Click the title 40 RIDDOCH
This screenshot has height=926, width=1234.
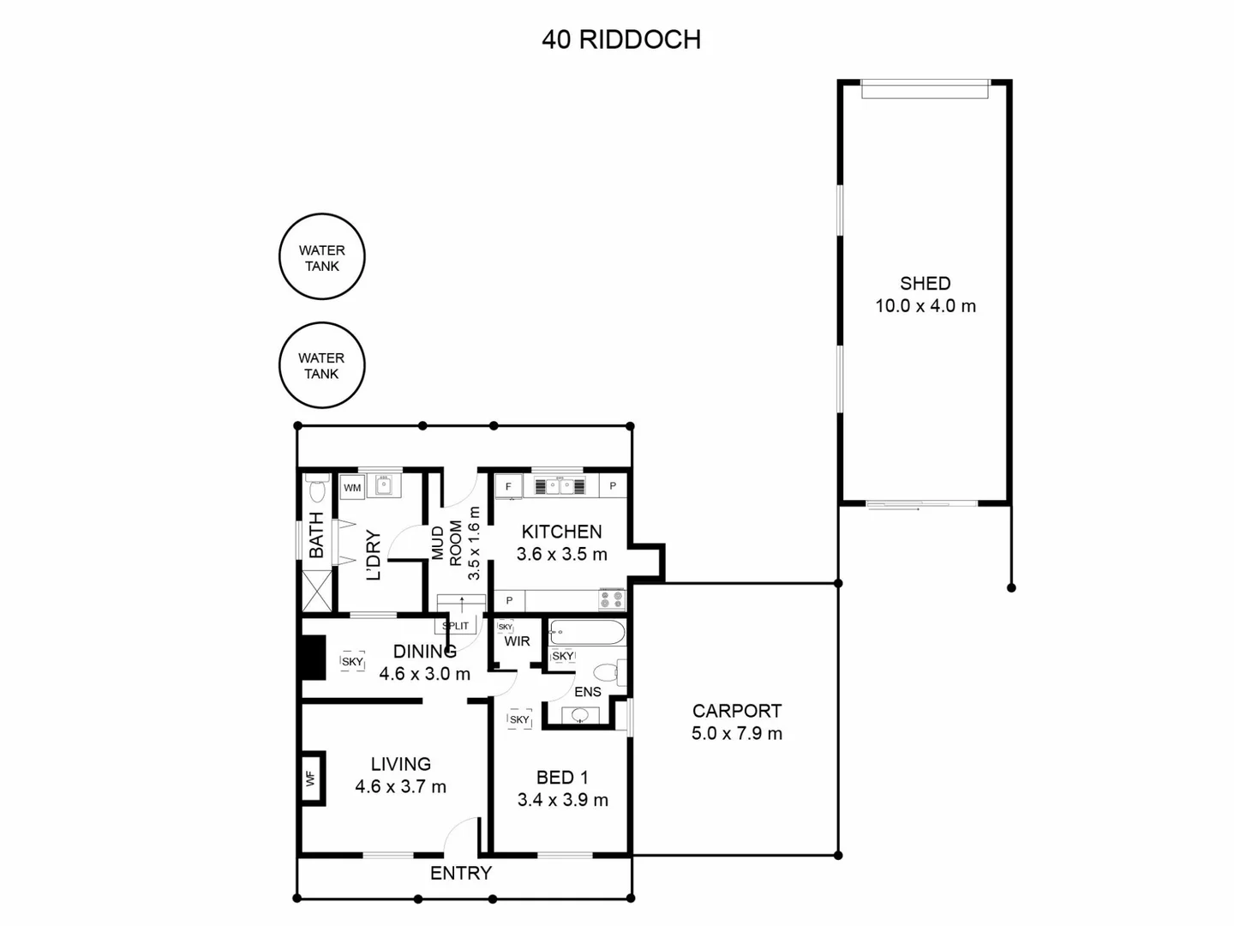[x=620, y=39]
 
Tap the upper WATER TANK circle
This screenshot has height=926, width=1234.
[x=322, y=257]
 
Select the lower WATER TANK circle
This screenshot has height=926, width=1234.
[x=322, y=365]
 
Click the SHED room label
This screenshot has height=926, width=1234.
[x=925, y=284]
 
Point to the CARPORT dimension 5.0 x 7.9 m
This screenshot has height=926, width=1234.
[x=736, y=734]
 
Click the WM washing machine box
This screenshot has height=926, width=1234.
[x=352, y=488]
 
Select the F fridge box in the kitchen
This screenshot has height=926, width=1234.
[x=508, y=486]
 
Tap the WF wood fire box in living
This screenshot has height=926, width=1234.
[x=311, y=779]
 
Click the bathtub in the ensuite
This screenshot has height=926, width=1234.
[x=587, y=634]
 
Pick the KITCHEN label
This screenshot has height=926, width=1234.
[x=561, y=532]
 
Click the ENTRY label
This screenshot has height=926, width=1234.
[x=460, y=873]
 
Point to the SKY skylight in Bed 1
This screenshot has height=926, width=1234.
[x=519, y=719]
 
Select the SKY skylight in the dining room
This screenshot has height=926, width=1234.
[x=352, y=661]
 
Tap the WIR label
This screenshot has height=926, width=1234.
[x=517, y=641]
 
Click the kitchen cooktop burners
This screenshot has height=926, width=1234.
[x=612, y=598]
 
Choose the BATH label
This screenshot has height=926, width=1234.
[x=316, y=536]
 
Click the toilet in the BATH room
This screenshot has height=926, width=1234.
[x=317, y=490]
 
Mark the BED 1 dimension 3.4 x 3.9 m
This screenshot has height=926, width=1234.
[x=562, y=800]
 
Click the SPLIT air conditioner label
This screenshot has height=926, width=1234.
[x=456, y=626]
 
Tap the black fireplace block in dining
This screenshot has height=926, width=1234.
[x=314, y=656]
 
